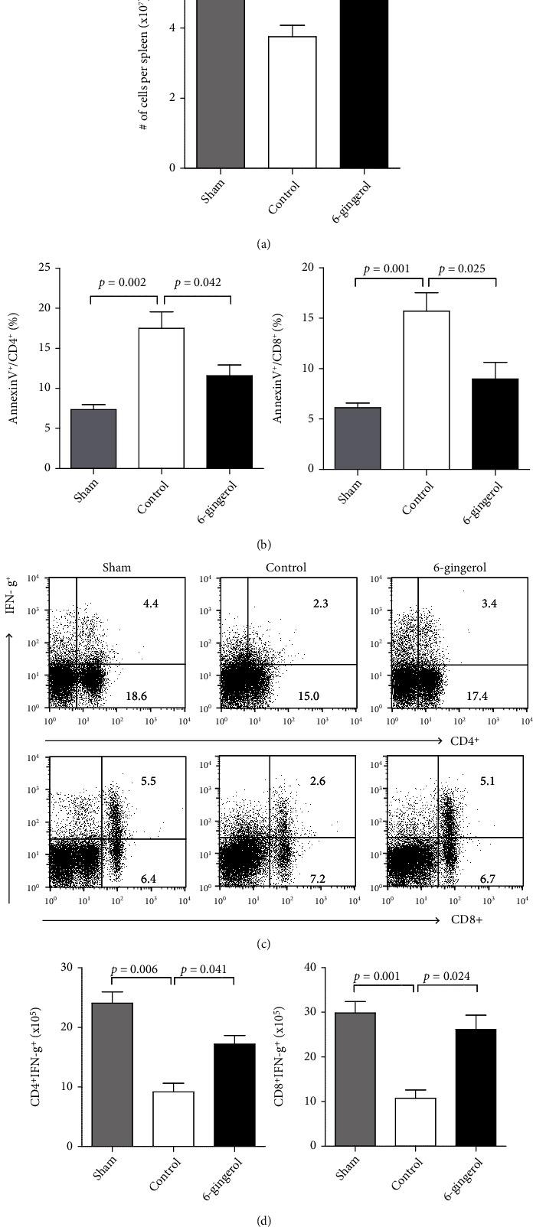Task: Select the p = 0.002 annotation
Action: click(123, 283)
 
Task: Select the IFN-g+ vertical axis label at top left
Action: click(10, 593)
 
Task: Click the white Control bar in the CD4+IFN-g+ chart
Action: click(174, 1118)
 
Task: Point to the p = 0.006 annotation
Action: click(134, 970)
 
